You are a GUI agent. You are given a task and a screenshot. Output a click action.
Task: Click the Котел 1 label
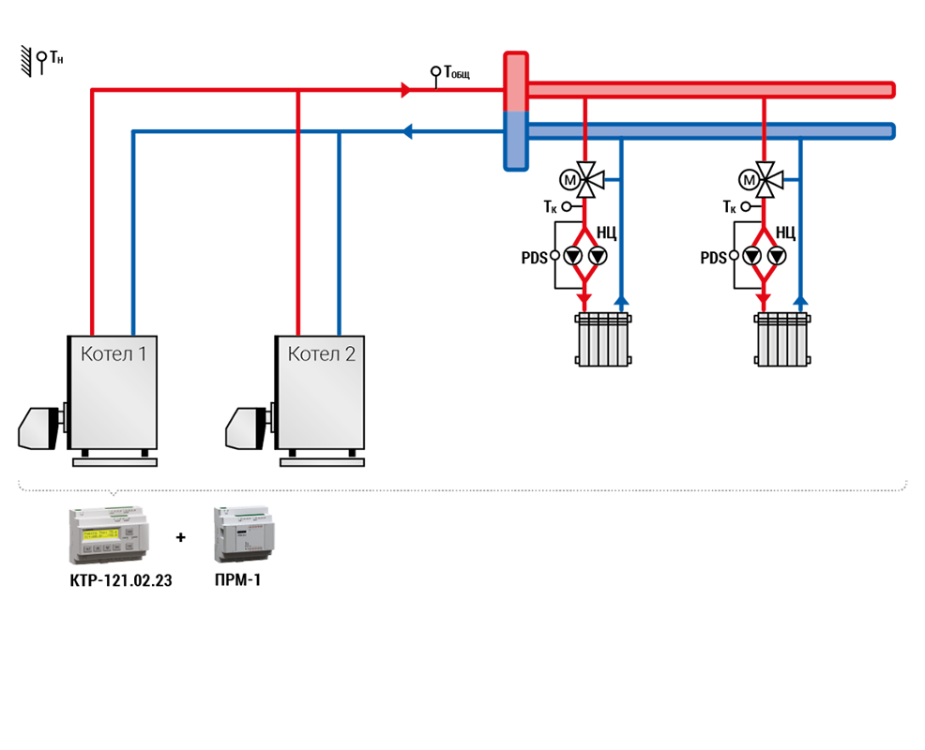(114, 353)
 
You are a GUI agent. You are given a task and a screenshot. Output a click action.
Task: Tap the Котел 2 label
(322, 353)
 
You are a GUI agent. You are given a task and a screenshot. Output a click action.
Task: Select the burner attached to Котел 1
(40, 427)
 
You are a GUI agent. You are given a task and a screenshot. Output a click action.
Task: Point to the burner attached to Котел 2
(248, 427)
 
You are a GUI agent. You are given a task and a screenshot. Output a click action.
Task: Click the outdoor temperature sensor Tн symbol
(41, 61)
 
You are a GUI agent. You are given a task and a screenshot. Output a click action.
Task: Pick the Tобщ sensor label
(457, 72)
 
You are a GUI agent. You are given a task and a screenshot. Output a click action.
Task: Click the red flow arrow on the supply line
(406, 90)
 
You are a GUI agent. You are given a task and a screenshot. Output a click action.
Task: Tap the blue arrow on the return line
(406, 131)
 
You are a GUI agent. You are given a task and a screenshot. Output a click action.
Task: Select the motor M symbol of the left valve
(569, 180)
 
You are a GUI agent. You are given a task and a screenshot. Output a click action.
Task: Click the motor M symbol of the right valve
(750, 180)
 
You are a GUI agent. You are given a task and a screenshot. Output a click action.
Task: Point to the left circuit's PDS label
(535, 258)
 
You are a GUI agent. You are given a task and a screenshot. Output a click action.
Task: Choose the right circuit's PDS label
(713, 258)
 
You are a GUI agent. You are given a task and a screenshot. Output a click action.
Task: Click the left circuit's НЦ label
(606, 232)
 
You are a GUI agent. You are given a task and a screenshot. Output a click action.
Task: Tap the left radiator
(603, 339)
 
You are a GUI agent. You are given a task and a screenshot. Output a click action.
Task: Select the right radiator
(782, 339)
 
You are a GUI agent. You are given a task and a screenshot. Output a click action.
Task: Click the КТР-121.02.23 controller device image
(109, 535)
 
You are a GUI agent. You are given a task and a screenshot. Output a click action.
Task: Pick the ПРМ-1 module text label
(237, 580)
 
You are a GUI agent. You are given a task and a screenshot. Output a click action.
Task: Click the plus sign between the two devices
(181, 537)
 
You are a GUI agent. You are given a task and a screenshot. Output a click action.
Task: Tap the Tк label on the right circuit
(730, 207)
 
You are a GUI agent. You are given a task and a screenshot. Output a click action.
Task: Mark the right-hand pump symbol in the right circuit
(777, 256)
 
